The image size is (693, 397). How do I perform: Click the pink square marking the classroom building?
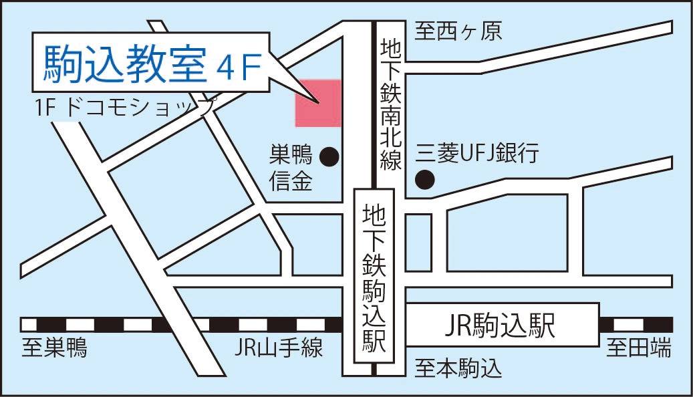tap(319, 104)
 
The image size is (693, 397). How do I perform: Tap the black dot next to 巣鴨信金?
tap(329, 157)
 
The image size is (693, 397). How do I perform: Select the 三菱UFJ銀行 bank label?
tap(476, 154)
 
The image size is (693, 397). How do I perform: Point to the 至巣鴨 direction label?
tap(54, 348)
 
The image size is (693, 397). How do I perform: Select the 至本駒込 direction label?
tap(458, 368)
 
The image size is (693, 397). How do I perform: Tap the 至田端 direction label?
tap(639, 348)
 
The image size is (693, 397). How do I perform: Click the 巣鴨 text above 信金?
tap(291, 156)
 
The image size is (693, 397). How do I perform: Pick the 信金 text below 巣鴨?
tap(291, 181)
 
